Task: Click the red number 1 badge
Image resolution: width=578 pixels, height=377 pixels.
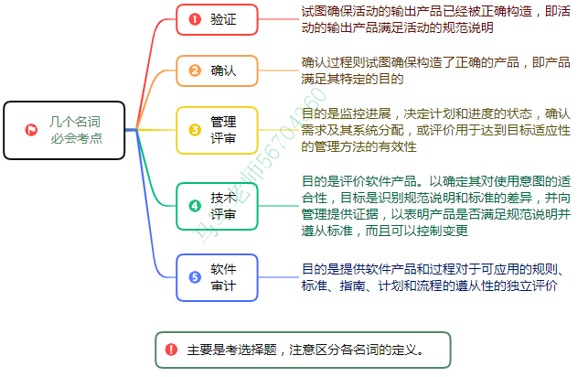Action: pos(195,19)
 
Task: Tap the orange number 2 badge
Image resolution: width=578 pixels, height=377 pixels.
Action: pos(195,70)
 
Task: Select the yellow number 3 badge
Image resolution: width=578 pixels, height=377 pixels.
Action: pos(195,130)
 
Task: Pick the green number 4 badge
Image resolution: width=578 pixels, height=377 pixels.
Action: pos(195,206)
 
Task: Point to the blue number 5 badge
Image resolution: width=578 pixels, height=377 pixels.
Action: pos(195,277)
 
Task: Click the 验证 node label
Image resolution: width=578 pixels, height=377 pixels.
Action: pos(223,19)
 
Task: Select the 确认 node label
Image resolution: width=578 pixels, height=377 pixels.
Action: pos(223,70)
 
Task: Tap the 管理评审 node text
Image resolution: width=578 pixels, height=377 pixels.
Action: pos(223,130)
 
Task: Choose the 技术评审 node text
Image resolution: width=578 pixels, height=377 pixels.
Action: pos(223,206)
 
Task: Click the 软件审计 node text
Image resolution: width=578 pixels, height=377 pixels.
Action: pos(223,277)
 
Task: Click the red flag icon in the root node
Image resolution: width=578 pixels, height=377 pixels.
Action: pos(31,130)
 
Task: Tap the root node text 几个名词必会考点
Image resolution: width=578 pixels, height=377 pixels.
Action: pos(75,130)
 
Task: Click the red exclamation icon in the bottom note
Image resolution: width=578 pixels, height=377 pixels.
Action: pos(172,349)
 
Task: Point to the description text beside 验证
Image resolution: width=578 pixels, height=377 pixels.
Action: pos(433,19)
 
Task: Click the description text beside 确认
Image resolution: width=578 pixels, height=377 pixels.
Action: pos(433,70)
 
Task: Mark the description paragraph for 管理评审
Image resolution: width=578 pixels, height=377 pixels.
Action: pos(433,130)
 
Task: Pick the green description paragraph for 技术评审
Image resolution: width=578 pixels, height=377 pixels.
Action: pos(433,206)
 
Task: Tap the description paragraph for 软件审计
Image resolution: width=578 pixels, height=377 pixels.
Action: pos(433,277)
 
